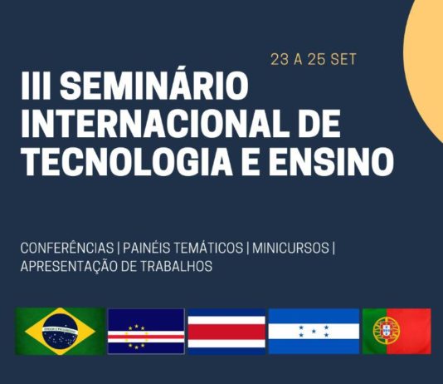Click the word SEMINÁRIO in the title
pyautogui.click(x=154, y=86)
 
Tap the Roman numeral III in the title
pyautogui.click(x=36, y=86)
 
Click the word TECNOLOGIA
pyautogui.click(x=127, y=162)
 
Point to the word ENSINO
pyautogui.click(x=331, y=162)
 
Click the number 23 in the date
pyautogui.click(x=280, y=60)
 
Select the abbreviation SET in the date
pyautogui.click(x=343, y=60)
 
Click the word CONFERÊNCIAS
pyautogui.click(x=67, y=248)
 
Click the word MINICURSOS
pyautogui.click(x=290, y=248)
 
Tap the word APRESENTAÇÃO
pyautogui.click(x=69, y=265)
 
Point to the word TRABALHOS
pyautogui.click(x=176, y=266)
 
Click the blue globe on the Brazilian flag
pyautogui.click(x=60, y=332)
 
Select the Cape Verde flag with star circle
pyautogui.click(x=146, y=331)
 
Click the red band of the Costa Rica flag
pyautogui.click(x=226, y=332)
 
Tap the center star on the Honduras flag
pyautogui.click(x=314, y=331)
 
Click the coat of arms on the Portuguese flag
pyautogui.click(x=387, y=330)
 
